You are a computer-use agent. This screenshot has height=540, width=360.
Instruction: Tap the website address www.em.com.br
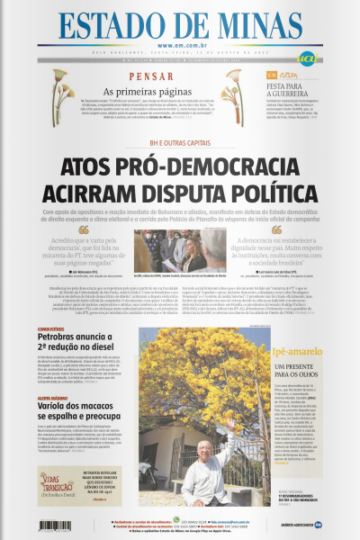(x=179, y=46)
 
